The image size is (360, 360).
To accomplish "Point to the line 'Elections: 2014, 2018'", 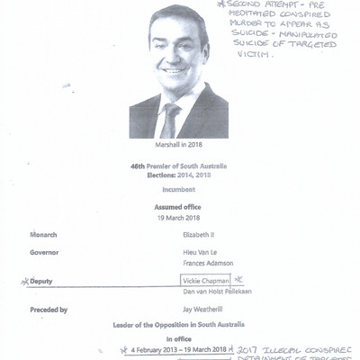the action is (180, 178).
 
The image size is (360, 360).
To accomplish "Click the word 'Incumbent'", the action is (180, 192).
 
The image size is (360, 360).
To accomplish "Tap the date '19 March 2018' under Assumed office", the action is (180, 218).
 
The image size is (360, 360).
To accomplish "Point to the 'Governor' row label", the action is (49, 253).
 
